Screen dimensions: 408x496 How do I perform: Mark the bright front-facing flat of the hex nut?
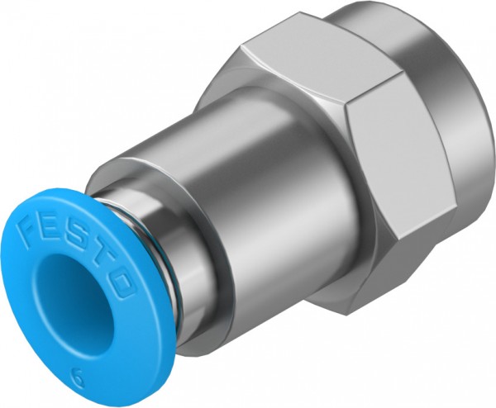(397, 157)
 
